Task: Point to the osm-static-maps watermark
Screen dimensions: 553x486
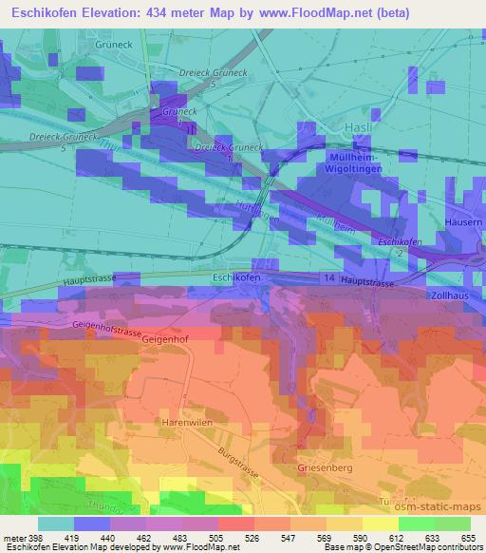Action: (437, 505)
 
